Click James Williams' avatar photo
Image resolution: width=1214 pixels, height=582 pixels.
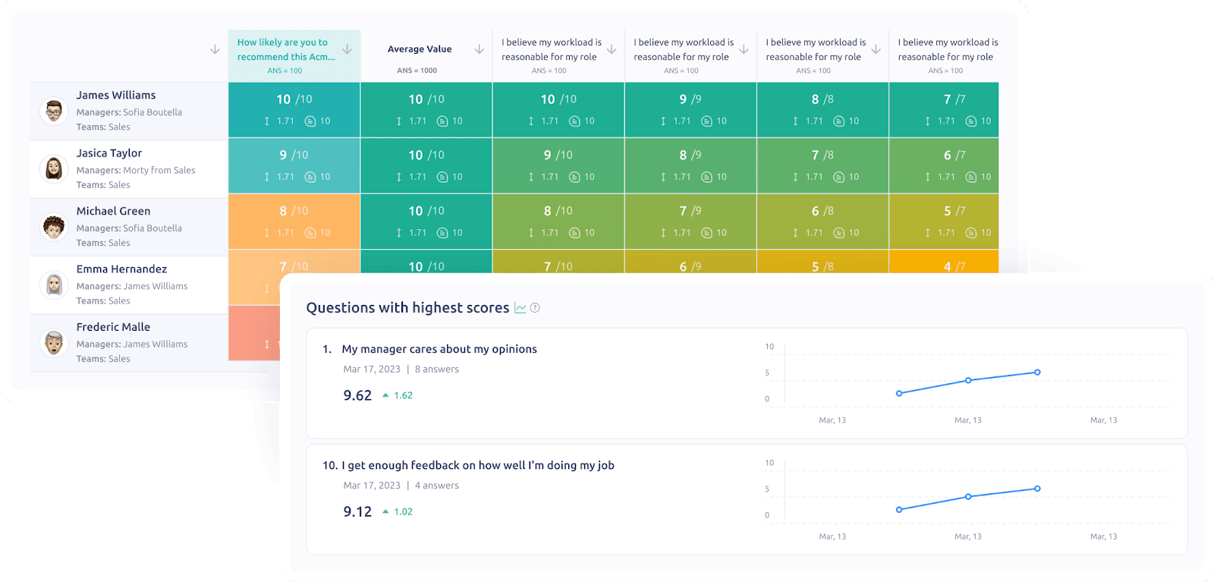click(53, 111)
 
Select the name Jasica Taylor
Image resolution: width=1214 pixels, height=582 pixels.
click(109, 153)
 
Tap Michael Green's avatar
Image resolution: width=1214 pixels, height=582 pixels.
click(53, 227)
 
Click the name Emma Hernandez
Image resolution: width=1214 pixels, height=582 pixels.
click(121, 269)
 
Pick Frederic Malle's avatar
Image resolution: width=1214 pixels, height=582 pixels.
click(53, 343)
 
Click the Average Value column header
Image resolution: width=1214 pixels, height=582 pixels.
click(420, 49)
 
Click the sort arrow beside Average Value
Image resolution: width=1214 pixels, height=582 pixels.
click(480, 49)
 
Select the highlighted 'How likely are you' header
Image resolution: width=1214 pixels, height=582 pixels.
click(285, 49)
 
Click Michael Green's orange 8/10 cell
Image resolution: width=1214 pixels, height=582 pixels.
click(294, 221)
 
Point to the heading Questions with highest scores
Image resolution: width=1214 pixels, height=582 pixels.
click(407, 308)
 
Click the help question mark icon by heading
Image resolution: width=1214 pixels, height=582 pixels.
click(535, 308)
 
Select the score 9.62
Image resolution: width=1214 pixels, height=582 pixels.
click(357, 395)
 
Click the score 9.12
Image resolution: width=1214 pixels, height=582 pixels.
click(357, 511)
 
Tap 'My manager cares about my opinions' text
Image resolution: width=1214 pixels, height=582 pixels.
click(439, 349)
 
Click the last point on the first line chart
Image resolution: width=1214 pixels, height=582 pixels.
click(1037, 373)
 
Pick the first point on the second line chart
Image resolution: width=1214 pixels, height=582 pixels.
click(899, 510)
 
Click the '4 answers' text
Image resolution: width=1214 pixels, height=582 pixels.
click(437, 486)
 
